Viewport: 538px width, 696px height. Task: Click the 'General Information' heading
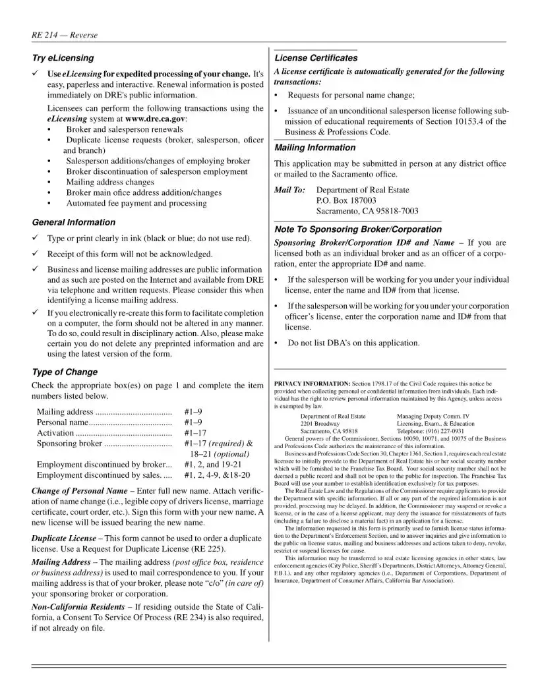pyautogui.click(x=71, y=222)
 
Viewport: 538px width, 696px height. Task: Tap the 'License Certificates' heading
pyautogui.click(x=316, y=58)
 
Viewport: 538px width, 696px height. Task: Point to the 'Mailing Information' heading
pyautogui.click(x=314, y=148)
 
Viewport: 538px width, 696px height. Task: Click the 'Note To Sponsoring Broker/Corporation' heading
pyautogui.click(x=357, y=229)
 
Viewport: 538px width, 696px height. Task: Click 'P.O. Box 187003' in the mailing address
pyautogui.click(x=346, y=200)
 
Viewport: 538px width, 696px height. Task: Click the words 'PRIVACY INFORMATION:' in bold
pyautogui.click(x=312, y=384)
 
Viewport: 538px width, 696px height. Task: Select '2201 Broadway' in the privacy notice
pyautogui.click(x=320, y=424)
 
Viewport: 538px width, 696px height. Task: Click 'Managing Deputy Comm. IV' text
pyautogui.click(x=433, y=417)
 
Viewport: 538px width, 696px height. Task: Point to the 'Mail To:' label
pyautogui.click(x=289, y=190)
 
